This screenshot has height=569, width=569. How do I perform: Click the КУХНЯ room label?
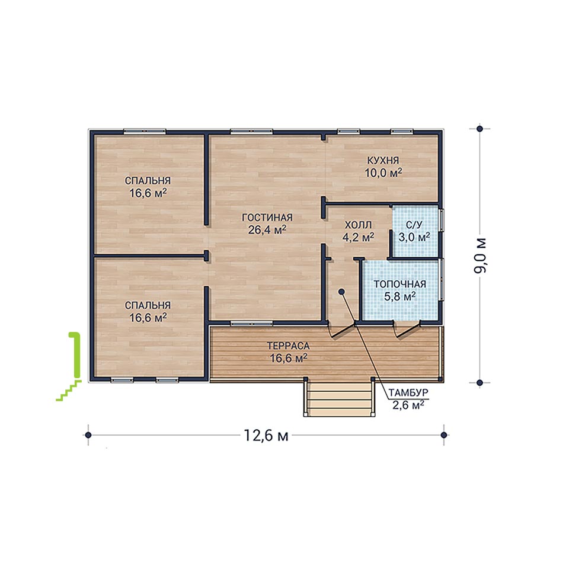[383, 160]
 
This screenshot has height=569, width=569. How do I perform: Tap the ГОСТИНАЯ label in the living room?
[267, 218]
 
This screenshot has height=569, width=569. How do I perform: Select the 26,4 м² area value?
[267, 229]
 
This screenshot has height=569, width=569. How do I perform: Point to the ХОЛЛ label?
[358, 225]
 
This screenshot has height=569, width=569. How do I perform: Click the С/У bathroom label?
[414, 225]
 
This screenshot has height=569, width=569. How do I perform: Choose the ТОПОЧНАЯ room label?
[399, 284]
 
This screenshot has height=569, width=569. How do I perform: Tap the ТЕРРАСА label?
[288, 346]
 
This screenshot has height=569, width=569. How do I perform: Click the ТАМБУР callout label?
[408, 392]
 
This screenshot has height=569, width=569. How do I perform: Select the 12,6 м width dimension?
[266, 435]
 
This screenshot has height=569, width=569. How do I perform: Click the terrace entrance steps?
[339, 398]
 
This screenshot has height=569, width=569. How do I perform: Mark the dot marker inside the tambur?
[341, 291]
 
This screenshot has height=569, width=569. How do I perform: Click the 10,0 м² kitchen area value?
[383, 172]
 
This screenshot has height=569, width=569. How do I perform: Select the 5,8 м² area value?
[399, 296]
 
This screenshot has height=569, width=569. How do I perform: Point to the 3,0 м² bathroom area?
[414, 237]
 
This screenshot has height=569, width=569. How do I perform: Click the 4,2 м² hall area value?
[358, 237]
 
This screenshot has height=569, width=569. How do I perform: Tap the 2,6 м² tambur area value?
[408, 405]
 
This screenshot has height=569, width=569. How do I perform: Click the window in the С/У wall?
[442, 220]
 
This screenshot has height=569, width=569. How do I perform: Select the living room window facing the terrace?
[251, 323]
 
